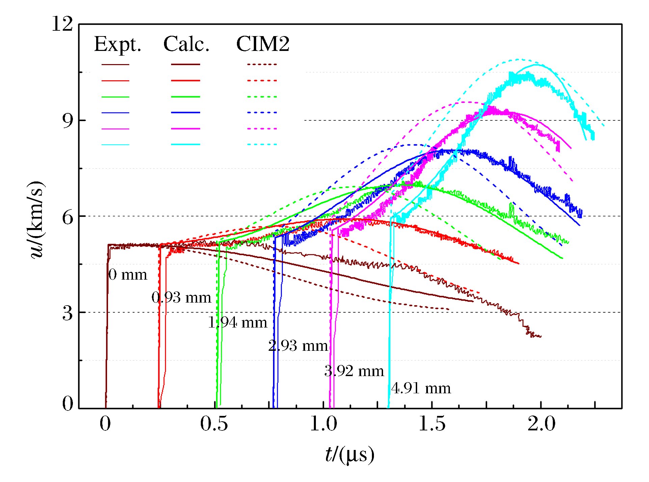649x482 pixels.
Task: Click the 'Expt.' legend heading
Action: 117,45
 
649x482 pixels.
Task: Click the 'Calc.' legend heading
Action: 186,44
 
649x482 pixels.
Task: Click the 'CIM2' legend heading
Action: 263,44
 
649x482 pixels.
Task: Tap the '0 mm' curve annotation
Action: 128,275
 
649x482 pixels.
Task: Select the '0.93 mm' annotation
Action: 181,297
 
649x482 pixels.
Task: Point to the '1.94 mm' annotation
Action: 238,323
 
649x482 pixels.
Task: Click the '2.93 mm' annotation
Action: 298,346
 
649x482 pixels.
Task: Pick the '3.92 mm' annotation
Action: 354,371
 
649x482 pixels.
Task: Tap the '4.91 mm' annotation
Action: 421,388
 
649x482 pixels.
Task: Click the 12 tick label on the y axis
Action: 62,24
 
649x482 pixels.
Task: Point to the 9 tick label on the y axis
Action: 67,120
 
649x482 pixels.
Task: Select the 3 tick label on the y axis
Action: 67,313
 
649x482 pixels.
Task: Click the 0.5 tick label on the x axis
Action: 214,424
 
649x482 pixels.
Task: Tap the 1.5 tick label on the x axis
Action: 432,424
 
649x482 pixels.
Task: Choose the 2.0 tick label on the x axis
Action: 541,424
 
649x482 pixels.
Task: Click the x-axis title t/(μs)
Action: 350,454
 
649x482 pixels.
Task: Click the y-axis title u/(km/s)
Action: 36,220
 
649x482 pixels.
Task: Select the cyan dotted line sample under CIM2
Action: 262,144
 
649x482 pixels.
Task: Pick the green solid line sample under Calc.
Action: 186,97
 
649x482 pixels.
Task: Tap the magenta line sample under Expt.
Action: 115,129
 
